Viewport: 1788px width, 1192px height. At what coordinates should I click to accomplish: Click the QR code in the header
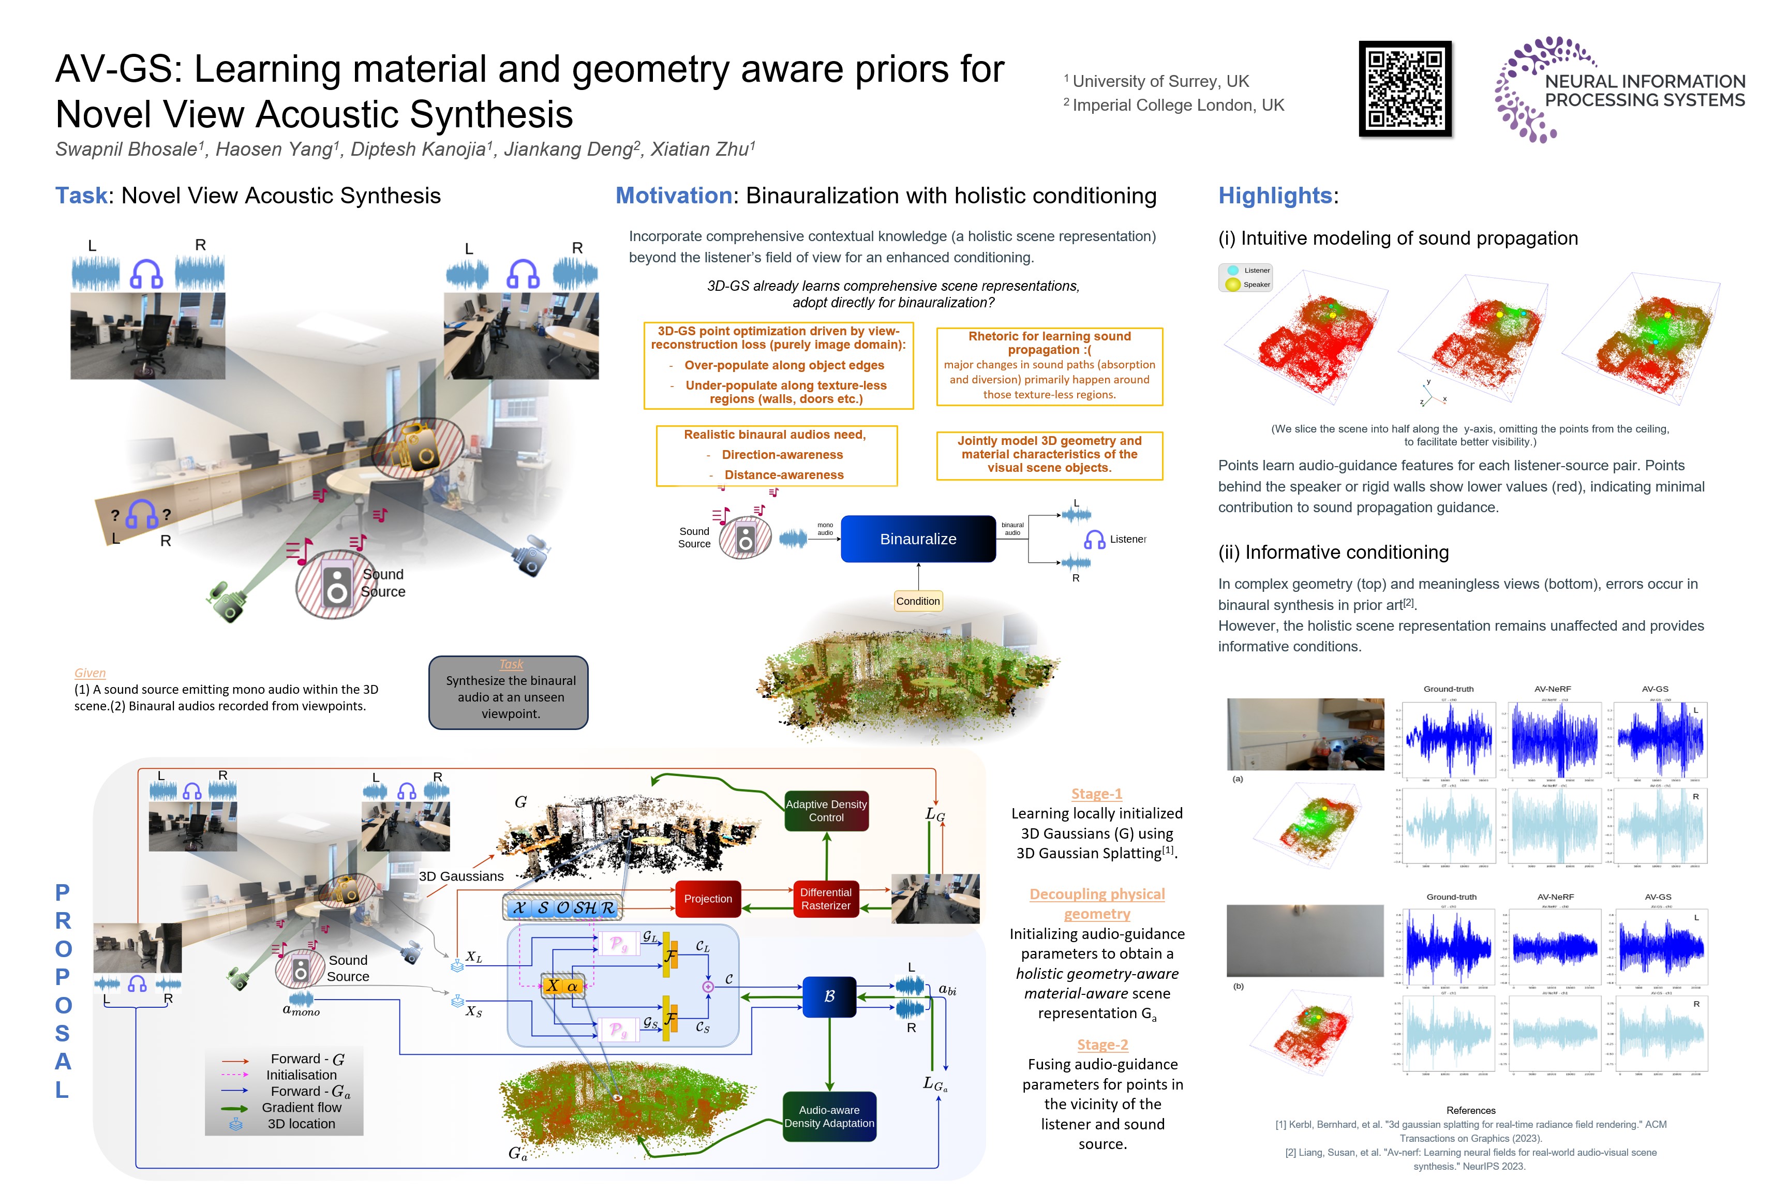1405,89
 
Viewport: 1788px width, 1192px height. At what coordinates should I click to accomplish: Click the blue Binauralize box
918,539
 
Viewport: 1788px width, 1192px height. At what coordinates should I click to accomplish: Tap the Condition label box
918,601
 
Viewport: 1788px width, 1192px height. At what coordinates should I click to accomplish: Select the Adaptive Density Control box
826,810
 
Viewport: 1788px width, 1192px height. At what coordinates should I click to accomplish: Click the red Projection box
708,899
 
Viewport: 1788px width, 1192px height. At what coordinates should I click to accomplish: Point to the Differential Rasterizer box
826,899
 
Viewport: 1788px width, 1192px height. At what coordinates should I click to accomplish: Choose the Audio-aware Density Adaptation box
829,1116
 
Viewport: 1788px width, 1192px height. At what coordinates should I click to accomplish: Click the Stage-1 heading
1097,794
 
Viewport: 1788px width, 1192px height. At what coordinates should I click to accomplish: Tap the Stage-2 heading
1102,1045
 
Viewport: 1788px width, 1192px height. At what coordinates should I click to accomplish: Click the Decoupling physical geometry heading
1097,904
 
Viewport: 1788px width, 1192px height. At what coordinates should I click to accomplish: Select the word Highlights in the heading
1275,196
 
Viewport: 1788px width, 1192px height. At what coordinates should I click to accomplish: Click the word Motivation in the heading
674,196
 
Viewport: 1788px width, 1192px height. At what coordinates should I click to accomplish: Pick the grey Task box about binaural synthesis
509,693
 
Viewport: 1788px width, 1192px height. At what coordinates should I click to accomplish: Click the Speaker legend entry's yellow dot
1233,285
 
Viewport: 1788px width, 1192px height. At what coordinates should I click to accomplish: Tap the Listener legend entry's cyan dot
1233,270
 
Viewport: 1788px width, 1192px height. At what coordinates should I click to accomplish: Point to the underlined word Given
90,673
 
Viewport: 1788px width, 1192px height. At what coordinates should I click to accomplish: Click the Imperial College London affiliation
1178,105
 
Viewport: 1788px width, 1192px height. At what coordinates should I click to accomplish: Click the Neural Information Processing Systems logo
1619,90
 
